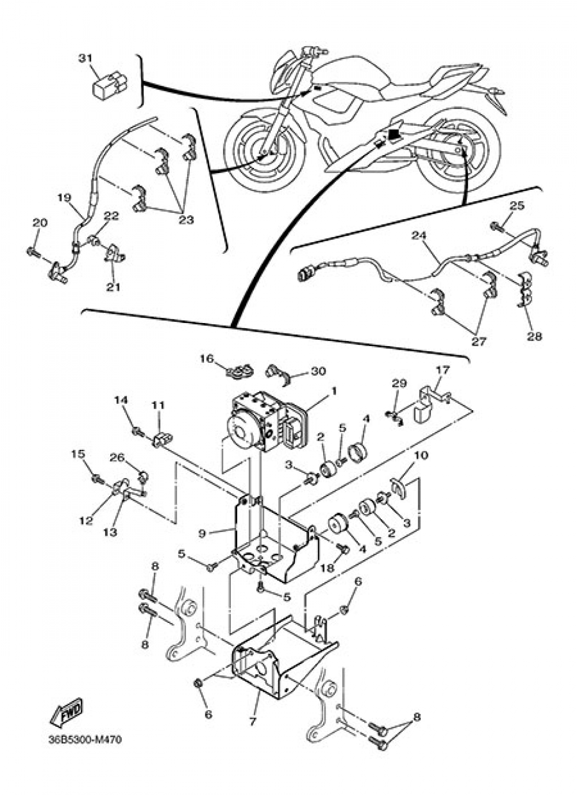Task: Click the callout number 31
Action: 85,58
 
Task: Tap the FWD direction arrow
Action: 67,713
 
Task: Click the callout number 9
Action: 202,534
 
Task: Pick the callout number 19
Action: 64,198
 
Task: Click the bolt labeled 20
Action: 32,251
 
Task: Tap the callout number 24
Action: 419,235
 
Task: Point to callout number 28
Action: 534,336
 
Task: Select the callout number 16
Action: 207,359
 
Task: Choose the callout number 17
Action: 442,369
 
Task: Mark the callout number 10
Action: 421,456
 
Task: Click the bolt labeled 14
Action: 137,431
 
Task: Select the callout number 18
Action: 327,568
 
